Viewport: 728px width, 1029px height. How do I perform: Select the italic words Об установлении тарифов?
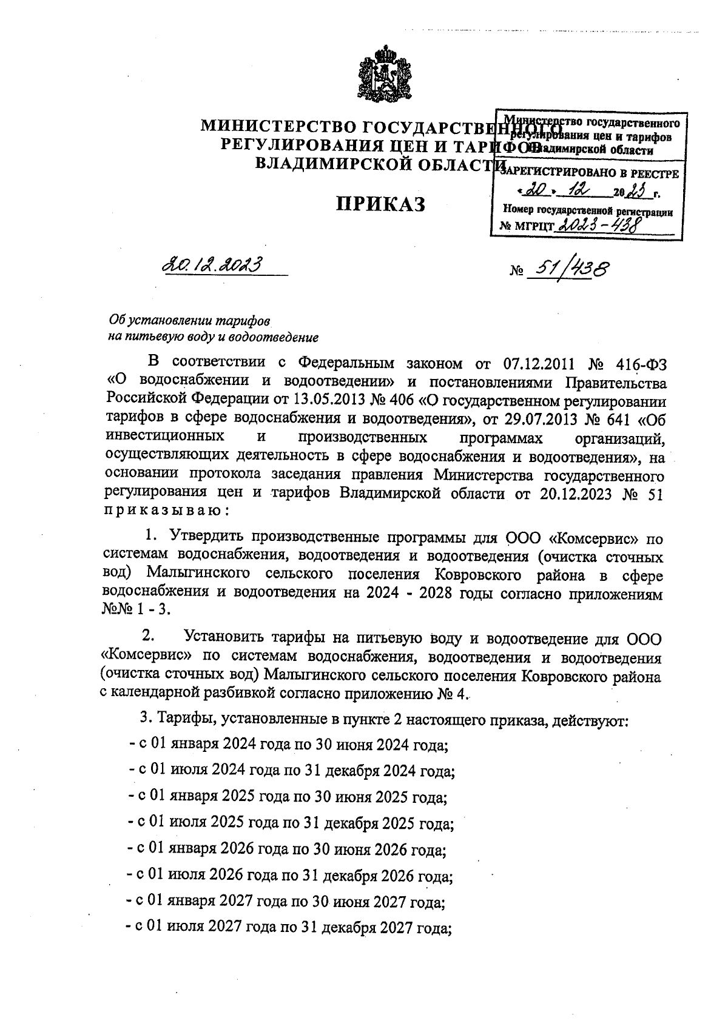(x=189, y=320)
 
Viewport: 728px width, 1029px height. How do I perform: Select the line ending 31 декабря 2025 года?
(x=291, y=823)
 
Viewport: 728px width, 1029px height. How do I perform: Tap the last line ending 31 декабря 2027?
(x=289, y=928)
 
